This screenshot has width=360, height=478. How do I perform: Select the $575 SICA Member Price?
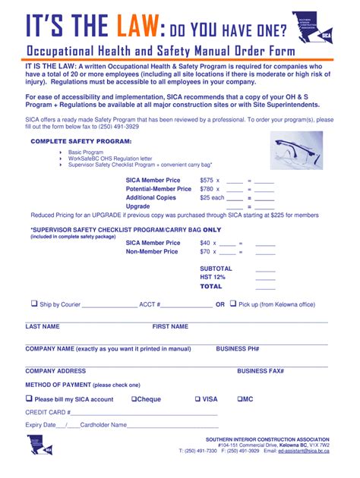207,180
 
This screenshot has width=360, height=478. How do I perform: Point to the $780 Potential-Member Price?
207,189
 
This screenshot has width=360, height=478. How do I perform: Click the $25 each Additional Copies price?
212,197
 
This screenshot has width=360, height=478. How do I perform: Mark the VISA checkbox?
197,398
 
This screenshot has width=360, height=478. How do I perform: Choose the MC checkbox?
240,398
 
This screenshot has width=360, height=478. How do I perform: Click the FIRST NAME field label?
170,326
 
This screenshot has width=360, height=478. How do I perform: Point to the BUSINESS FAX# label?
260,371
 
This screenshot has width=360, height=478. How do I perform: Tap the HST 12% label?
213,278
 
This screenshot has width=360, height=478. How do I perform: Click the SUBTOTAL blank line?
265,269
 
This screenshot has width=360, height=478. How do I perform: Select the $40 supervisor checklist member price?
205,243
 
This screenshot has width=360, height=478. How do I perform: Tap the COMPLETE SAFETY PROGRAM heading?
81,141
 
